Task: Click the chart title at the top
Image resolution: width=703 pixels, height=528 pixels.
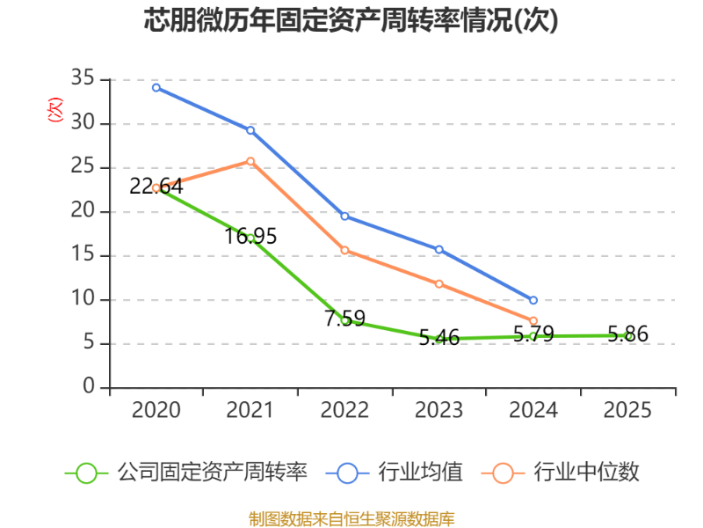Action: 351,20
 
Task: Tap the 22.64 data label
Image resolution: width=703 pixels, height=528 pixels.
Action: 156,187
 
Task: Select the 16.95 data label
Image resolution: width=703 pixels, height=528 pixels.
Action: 250,236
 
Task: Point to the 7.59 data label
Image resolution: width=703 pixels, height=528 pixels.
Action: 344,319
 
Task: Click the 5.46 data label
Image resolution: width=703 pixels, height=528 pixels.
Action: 439,337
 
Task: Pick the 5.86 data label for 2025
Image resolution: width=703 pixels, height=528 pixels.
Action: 627,334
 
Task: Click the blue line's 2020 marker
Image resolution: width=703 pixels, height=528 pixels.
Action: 156,87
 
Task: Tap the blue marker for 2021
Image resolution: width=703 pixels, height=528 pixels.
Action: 250,130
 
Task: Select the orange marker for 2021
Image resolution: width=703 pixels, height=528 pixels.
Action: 250,161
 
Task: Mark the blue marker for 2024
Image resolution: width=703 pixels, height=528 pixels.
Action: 533,300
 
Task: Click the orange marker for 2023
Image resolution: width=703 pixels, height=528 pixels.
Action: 439,283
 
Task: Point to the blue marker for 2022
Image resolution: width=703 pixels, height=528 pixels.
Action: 344,216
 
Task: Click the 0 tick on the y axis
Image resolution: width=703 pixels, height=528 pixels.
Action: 89,387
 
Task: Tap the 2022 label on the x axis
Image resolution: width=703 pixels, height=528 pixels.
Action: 344,410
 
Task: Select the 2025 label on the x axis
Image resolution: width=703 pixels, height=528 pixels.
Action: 627,410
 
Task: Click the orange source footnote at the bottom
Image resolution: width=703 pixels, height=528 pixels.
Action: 351,518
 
